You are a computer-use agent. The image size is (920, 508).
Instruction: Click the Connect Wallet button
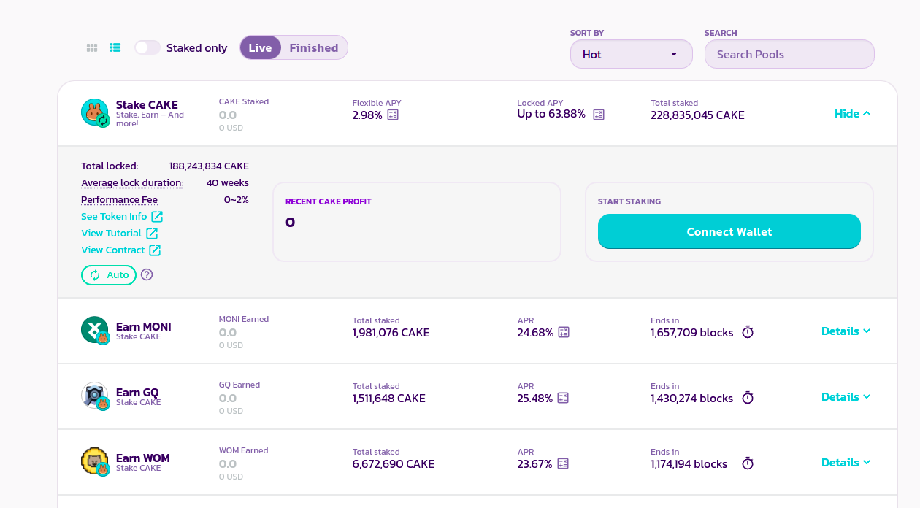point(729,231)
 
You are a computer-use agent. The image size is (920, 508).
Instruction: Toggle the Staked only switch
point(147,47)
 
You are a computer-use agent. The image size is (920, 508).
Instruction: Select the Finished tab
point(313,47)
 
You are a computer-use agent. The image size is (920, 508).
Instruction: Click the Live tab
point(260,47)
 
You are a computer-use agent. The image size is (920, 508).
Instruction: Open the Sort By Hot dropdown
point(631,54)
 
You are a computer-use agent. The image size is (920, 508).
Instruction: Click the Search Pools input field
point(789,54)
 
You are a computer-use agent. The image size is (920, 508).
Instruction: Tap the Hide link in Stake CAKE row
point(852,113)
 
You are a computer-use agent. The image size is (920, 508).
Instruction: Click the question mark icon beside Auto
point(147,274)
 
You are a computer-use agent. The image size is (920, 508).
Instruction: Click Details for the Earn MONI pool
point(846,331)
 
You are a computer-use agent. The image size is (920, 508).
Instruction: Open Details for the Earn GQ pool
point(846,396)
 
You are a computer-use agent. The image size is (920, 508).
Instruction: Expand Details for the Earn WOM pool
point(846,462)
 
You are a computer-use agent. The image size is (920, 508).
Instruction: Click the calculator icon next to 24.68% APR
point(563,332)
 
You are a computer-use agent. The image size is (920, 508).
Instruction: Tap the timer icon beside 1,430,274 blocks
point(748,398)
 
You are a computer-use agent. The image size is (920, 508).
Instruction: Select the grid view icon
point(92,47)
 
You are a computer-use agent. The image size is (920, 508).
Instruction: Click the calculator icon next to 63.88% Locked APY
point(599,114)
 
